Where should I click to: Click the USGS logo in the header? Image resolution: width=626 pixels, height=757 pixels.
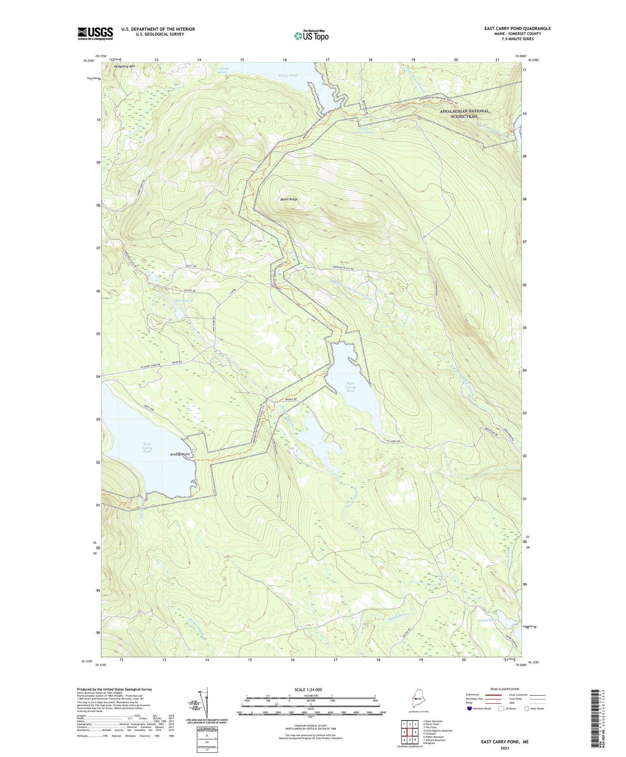95,33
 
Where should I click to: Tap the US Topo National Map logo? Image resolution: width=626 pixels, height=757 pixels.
311,36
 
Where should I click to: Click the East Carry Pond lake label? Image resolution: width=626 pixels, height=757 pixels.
350,387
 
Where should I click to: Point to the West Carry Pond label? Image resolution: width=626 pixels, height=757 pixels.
147,448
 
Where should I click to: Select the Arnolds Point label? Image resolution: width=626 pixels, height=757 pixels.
180,454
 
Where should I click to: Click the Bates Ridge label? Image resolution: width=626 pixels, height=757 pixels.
289,199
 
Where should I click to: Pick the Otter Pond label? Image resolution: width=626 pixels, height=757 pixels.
184,300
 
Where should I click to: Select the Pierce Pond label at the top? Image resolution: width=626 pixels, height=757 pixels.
288,75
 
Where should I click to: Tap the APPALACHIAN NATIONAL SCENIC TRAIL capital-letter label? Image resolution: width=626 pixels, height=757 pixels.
464,113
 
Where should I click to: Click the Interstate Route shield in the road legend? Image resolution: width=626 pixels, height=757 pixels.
470,708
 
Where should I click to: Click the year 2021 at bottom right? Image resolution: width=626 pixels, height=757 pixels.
504,748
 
